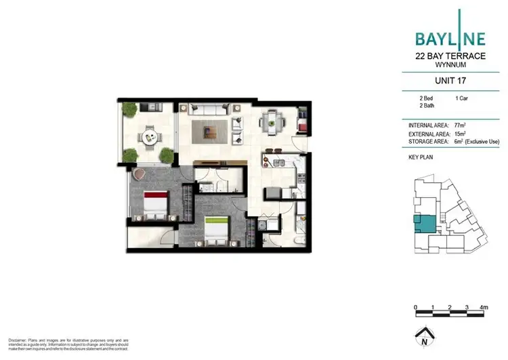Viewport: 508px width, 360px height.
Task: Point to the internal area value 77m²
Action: (x=461, y=125)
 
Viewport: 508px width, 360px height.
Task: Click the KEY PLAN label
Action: (x=421, y=157)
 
